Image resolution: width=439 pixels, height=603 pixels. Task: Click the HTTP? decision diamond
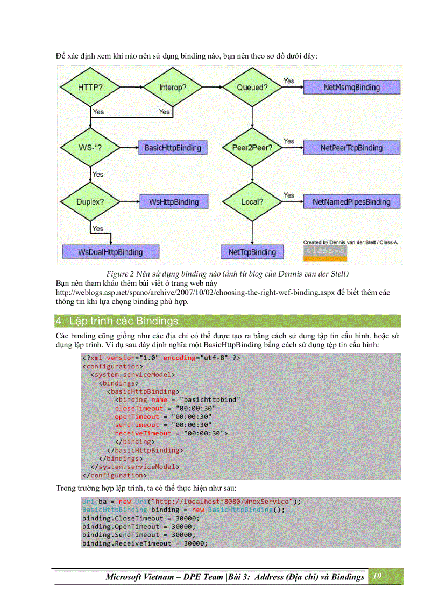pyautogui.click(x=90, y=87)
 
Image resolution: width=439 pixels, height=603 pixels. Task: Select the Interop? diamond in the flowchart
pyautogui.click(x=172, y=87)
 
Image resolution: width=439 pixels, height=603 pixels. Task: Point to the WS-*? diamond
pyautogui.click(x=90, y=148)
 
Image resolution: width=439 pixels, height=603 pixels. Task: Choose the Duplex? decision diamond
pyautogui.click(x=90, y=202)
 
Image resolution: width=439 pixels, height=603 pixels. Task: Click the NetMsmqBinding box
pyautogui.click(x=351, y=87)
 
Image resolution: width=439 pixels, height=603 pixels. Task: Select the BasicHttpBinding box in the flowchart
pyautogui.click(x=172, y=148)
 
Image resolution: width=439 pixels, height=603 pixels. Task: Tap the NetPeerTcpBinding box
pyautogui.click(x=351, y=148)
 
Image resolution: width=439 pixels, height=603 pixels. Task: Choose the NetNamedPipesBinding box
pyautogui.click(x=351, y=202)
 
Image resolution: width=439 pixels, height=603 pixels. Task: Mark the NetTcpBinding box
pyautogui.click(x=252, y=252)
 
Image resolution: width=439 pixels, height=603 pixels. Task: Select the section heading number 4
pyautogui.click(x=59, y=321)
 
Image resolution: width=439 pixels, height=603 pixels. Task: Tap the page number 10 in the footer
pyautogui.click(x=377, y=576)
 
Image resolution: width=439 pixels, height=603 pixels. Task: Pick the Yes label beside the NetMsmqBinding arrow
pyautogui.click(x=289, y=81)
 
